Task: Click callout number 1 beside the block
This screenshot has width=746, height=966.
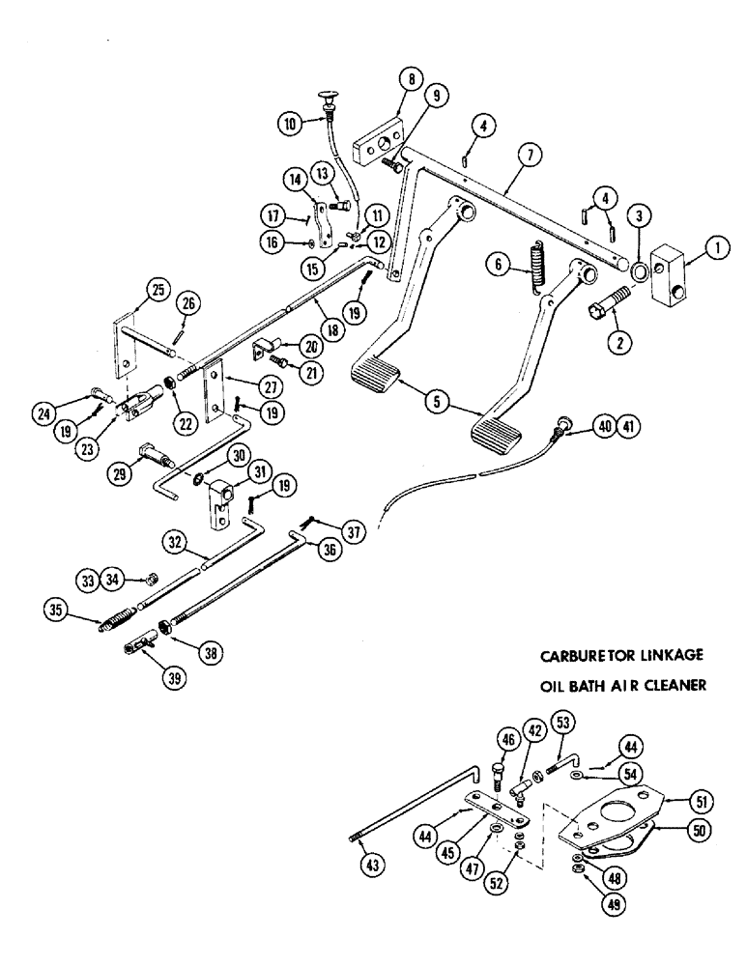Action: [716, 248]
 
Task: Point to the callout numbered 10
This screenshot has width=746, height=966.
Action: [290, 123]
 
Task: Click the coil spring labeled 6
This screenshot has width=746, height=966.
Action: [536, 267]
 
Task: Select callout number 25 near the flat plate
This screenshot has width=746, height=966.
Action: [158, 289]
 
